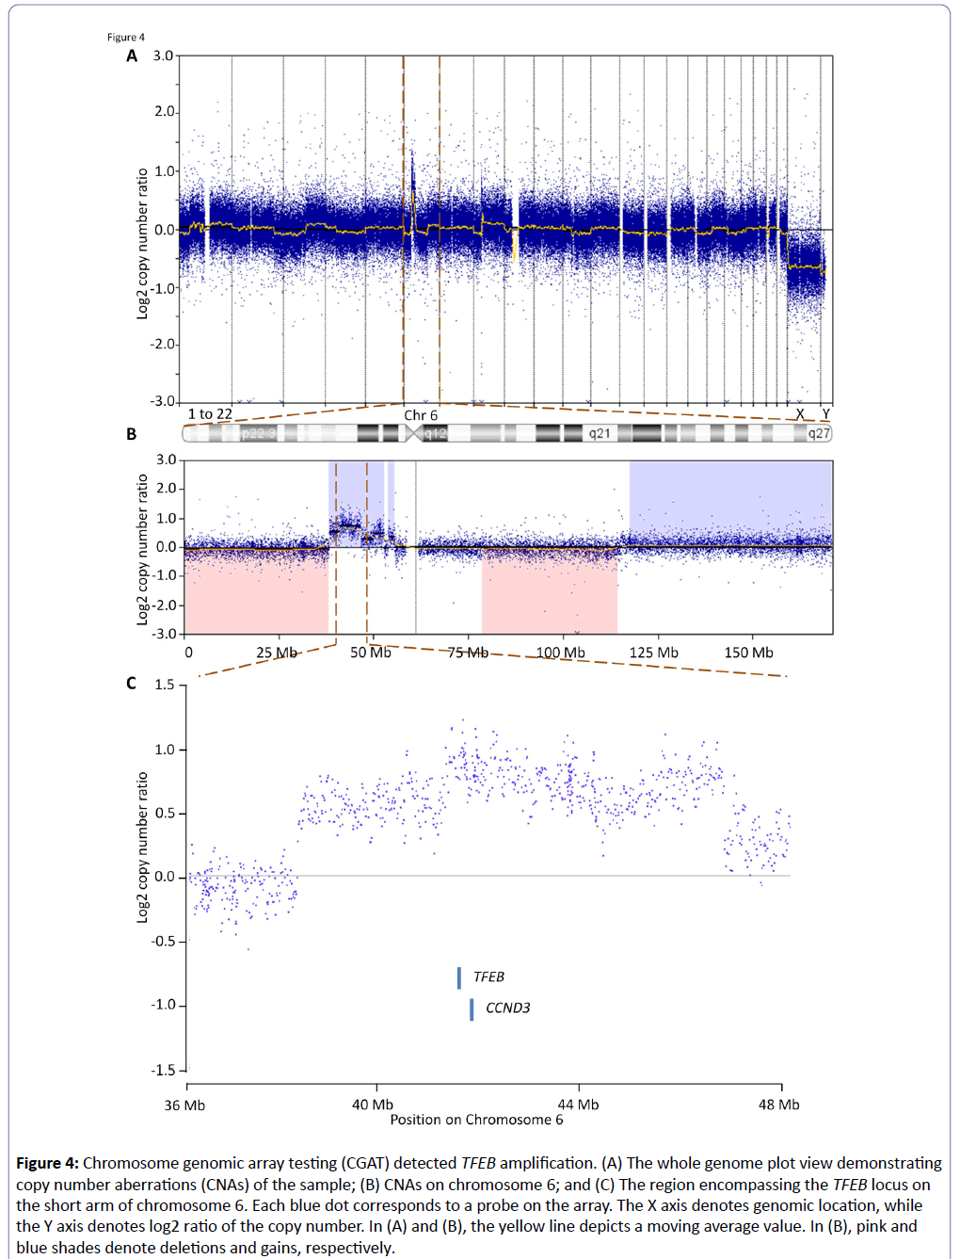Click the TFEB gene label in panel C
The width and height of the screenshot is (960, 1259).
click(488, 977)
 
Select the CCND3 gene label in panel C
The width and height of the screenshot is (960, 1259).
click(507, 1009)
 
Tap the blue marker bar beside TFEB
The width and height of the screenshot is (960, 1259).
click(459, 978)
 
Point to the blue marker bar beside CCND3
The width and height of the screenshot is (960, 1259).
click(472, 1009)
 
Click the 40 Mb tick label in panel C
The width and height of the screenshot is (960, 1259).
click(373, 1105)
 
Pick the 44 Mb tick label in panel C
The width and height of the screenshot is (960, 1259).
click(578, 1105)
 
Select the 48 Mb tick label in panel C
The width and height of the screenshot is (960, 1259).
click(779, 1105)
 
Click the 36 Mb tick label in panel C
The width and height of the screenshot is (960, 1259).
click(184, 1105)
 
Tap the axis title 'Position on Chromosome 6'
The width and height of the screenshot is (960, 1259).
click(476, 1120)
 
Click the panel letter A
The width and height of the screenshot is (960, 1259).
click(132, 56)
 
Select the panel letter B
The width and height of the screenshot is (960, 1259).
click(132, 434)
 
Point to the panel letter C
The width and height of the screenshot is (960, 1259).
click(132, 684)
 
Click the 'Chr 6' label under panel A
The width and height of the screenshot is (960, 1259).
click(421, 415)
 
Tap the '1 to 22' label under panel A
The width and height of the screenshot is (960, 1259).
click(210, 414)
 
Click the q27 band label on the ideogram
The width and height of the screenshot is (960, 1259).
click(819, 434)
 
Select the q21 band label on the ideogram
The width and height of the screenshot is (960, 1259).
click(600, 434)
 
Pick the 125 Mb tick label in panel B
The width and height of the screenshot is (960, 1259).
click(653, 653)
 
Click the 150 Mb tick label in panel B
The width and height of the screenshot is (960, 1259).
click(748, 653)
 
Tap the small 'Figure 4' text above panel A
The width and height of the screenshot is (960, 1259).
click(126, 38)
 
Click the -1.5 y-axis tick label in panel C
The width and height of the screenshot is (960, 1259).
click(165, 1071)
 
